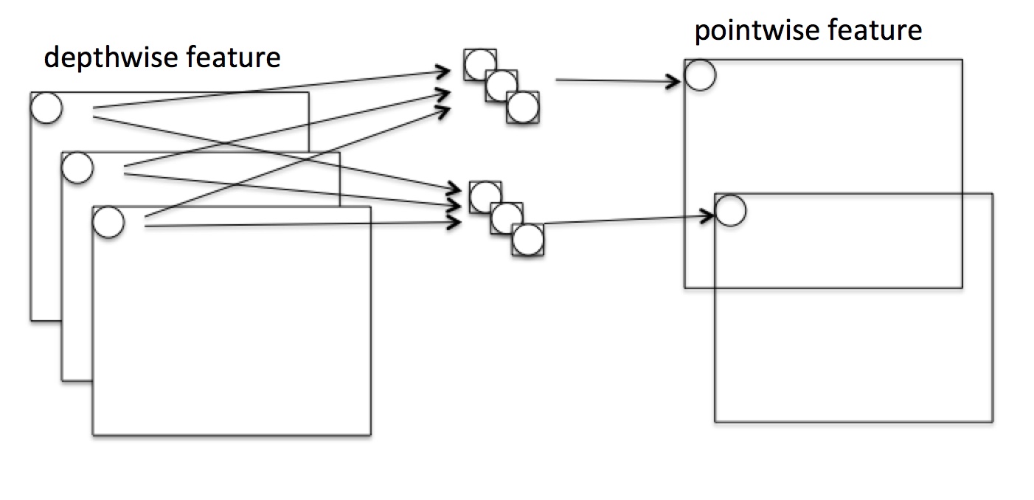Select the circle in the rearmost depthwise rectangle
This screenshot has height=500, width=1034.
click(46, 108)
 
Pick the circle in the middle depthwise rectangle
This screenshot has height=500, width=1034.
click(77, 167)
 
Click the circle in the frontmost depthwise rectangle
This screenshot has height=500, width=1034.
click(108, 222)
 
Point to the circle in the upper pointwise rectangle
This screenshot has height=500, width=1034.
click(700, 74)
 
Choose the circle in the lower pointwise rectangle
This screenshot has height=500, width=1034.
click(731, 209)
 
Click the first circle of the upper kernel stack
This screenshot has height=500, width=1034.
click(480, 64)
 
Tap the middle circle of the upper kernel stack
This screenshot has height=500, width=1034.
click(502, 86)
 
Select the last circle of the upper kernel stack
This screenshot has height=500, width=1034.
click(523, 107)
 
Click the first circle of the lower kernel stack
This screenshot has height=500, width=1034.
click(485, 196)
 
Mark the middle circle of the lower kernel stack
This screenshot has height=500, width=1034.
click(507, 218)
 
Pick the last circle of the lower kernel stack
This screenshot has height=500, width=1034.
click(528, 240)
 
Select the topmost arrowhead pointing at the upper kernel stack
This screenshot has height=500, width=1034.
click(445, 72)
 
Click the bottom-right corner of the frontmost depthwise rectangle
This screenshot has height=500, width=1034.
click(370, 435)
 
